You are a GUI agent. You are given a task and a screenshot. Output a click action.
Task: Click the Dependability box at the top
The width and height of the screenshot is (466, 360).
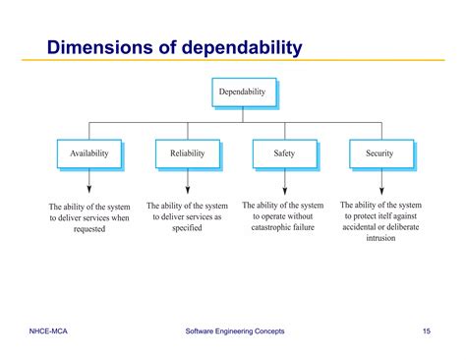243,92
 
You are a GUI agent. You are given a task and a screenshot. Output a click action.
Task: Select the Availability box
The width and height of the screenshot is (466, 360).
89,153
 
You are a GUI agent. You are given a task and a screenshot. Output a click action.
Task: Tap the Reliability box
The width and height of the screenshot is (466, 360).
187,153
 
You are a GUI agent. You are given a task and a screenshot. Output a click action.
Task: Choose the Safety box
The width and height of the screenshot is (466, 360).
284,153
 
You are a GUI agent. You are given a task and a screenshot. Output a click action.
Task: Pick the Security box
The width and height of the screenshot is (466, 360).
380,153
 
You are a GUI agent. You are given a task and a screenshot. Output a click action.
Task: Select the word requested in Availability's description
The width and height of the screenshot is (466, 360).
89,230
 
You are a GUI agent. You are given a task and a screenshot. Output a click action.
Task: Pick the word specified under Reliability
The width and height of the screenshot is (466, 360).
186,228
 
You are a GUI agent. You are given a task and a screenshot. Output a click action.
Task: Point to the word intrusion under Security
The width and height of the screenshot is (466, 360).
380,239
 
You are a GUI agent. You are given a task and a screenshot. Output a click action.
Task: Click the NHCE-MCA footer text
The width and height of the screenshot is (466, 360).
48,331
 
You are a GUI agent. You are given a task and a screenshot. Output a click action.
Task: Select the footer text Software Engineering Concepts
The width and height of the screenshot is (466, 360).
236,331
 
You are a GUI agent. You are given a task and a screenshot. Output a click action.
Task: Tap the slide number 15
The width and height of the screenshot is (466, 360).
426,331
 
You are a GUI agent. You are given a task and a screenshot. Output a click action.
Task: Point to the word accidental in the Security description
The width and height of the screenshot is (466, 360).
357,227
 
